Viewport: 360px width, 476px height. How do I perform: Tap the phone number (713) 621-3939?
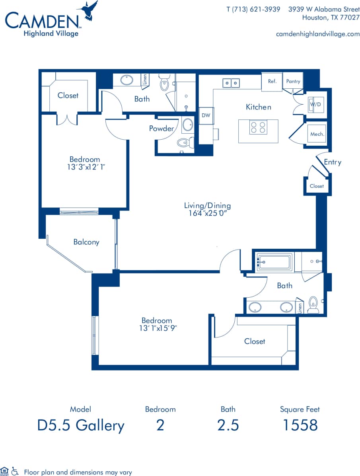(253, 9)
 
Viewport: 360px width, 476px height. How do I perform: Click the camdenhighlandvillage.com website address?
(317, 34)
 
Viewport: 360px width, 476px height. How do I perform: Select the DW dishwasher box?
(206, 115)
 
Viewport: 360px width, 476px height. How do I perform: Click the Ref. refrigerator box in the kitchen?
(272, 81)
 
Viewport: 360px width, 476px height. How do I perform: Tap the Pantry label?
(293, 81)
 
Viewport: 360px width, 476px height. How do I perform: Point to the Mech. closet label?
(317, 134)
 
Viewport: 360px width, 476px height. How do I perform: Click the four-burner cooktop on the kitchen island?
(258, 128)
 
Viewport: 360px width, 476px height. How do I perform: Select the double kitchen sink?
(231, 83)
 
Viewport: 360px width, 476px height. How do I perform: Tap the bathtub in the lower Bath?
(274, 262)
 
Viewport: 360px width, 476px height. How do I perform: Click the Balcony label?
(86, 242)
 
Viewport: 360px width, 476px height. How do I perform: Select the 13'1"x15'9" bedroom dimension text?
(157, 328)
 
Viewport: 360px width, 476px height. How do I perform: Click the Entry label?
(332, 162)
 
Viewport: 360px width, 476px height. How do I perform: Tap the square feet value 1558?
(300, 425)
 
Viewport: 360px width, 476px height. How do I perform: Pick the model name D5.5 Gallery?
(81, 425)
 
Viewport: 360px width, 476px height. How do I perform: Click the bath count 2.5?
(228, 425)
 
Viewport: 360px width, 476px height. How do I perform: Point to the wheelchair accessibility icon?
(15, 471)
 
